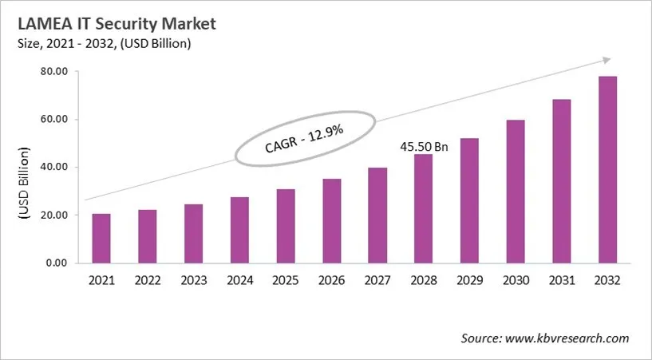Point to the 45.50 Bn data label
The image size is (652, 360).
pyautogui.click(x=423, y=147)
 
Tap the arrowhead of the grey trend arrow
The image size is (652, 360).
pyautogui.click(x=607, y=60)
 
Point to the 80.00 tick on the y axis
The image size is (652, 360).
pyautogui.click(x=52, y=72)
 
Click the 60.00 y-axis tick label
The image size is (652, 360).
pyautogui.click(x=52, y=120)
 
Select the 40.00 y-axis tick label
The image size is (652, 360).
pyautogui.click(x=52, y=168)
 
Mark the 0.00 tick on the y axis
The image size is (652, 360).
pyautogui.click(x=54, y=263)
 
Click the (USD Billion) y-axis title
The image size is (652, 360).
pyautogui.click(x=23, y=184)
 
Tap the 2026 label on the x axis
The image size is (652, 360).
pyautogui.click(x=331, y=281)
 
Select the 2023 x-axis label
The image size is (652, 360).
pyautogui.click(x=193, y=281)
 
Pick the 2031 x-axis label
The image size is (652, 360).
pyautogui.click(x=561, y=281)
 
